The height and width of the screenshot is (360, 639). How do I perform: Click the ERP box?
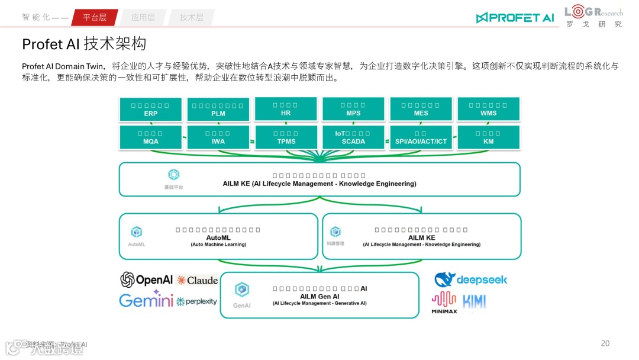point(151,109)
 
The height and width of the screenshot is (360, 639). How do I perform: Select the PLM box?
point(218,110)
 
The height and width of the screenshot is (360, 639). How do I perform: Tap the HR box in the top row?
point(286,109)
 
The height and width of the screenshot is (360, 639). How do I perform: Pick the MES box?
point(421,109)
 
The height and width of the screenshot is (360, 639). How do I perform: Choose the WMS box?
point(488,109)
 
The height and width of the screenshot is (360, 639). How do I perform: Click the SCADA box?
point(353,137)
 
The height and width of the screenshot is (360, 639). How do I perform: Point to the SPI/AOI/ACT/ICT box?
point(421,137)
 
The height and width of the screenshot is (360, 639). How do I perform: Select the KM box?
point(488,137)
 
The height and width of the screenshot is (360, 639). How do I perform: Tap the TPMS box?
point(286,137)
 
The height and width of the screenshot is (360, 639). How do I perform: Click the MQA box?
point(151,137)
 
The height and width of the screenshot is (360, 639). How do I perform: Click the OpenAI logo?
point(146,279)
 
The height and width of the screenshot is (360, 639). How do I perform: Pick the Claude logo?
point(197,280)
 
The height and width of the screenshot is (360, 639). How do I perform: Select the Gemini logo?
point(146,300)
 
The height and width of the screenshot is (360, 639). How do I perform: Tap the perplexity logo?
point(197,301)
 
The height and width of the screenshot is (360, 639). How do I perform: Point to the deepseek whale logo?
point(444,279)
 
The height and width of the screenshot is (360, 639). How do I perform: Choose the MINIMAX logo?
point(444,302)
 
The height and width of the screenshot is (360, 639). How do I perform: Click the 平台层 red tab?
point(95,17)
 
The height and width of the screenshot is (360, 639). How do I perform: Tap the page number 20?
point(605,343)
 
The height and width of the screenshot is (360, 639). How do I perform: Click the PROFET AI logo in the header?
point(515,18)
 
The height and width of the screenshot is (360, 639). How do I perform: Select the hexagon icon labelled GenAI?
point(241,290)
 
